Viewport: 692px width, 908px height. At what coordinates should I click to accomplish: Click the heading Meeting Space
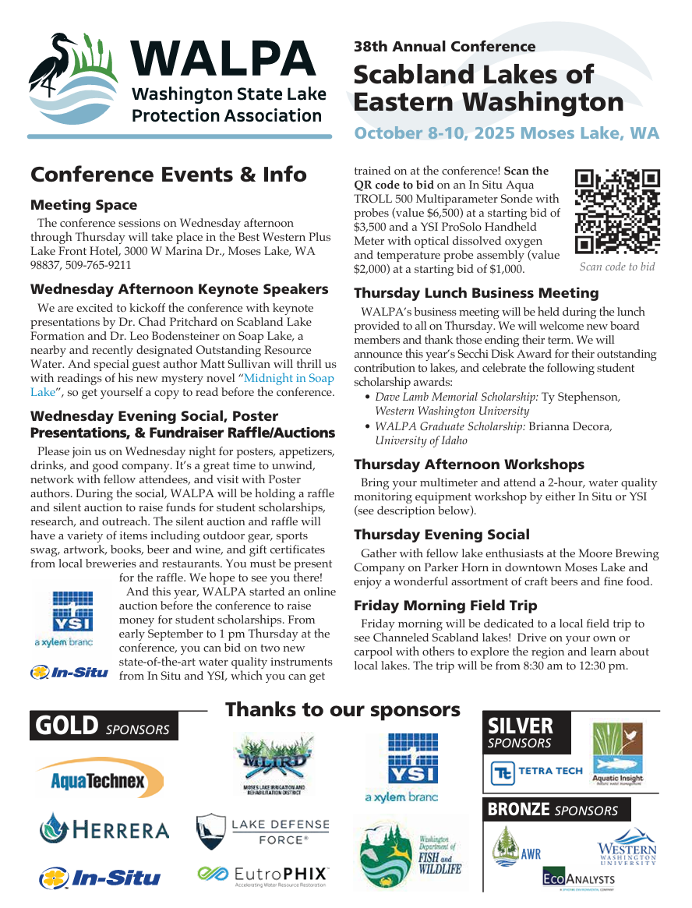point(83,205)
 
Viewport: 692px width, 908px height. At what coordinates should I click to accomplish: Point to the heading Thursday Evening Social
point(441,535)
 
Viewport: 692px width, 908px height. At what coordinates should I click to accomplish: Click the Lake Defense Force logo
point(263,832)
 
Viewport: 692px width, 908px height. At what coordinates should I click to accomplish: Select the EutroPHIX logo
point(263,876)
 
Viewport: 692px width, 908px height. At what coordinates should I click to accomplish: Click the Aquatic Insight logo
point(618,754)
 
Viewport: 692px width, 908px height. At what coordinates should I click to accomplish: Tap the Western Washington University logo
point(627,849)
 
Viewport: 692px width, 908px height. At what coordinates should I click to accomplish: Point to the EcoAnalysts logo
point(579,879)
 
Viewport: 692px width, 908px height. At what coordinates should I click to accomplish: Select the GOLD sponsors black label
point(104,726)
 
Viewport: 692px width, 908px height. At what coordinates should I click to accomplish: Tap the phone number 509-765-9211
point(97,265)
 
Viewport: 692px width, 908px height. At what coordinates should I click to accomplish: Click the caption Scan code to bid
point(616,267)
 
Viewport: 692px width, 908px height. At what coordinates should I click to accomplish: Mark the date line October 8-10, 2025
point(506,132)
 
